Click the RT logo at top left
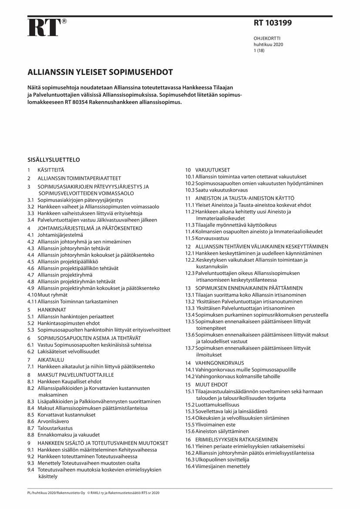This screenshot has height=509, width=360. [44, 27]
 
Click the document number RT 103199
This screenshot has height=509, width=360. [273, 23]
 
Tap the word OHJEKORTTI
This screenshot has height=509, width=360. [267, 38]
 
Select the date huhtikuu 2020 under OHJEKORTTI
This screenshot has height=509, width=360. [268, 44]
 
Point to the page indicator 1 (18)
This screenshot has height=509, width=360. [259, 51]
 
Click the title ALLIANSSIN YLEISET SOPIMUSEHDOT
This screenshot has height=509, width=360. [101, 72]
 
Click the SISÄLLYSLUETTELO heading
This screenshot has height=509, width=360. [54, 160]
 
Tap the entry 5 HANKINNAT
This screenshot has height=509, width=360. [47, 310]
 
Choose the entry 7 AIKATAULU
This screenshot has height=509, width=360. [45, 360]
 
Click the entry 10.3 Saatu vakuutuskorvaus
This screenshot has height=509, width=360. [216, 190]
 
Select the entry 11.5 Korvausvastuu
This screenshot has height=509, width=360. [207, 238]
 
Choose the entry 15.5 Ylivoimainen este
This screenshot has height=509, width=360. [210, 425]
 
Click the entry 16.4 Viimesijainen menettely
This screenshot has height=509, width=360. [218, 466]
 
